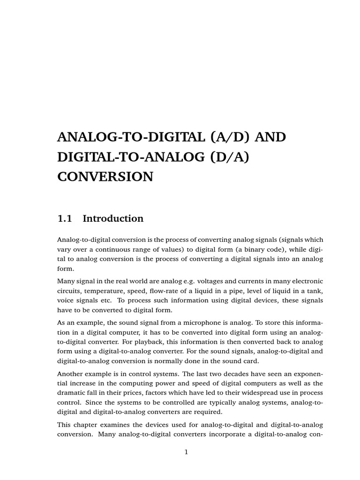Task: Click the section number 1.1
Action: [x=65, y=218]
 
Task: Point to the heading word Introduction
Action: [x=113, y=218]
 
